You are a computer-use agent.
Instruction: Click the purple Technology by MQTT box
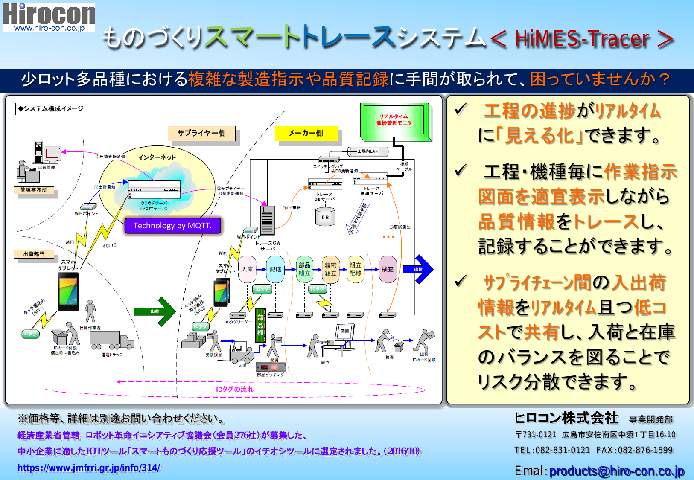tap(172, 226)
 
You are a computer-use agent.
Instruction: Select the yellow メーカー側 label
tap(306, 133)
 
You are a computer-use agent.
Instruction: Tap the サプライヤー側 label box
tap(201, 133)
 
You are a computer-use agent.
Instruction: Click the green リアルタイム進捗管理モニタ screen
tap(394, 120)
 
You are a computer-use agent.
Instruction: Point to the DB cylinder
tap(325, 217)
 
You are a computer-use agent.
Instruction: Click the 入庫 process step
tap(247, 269)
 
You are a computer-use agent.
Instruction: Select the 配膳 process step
tap(275, 269)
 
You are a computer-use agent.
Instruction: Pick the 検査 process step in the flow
tap(388, 269)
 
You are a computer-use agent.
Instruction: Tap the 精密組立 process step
tap(330, 269)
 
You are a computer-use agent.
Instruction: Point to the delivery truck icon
tap(112, 340)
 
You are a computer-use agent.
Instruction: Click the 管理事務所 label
tap(34, 190)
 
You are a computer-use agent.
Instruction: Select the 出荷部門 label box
tap(34, 254)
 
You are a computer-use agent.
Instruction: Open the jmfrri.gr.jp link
tap(89, 468)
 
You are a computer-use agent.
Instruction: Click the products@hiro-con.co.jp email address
tap(616, 471)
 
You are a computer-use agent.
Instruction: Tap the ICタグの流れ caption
tap(234, 389)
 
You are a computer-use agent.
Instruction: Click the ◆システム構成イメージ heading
tap(51, 109)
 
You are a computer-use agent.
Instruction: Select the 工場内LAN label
tap(367, 151)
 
